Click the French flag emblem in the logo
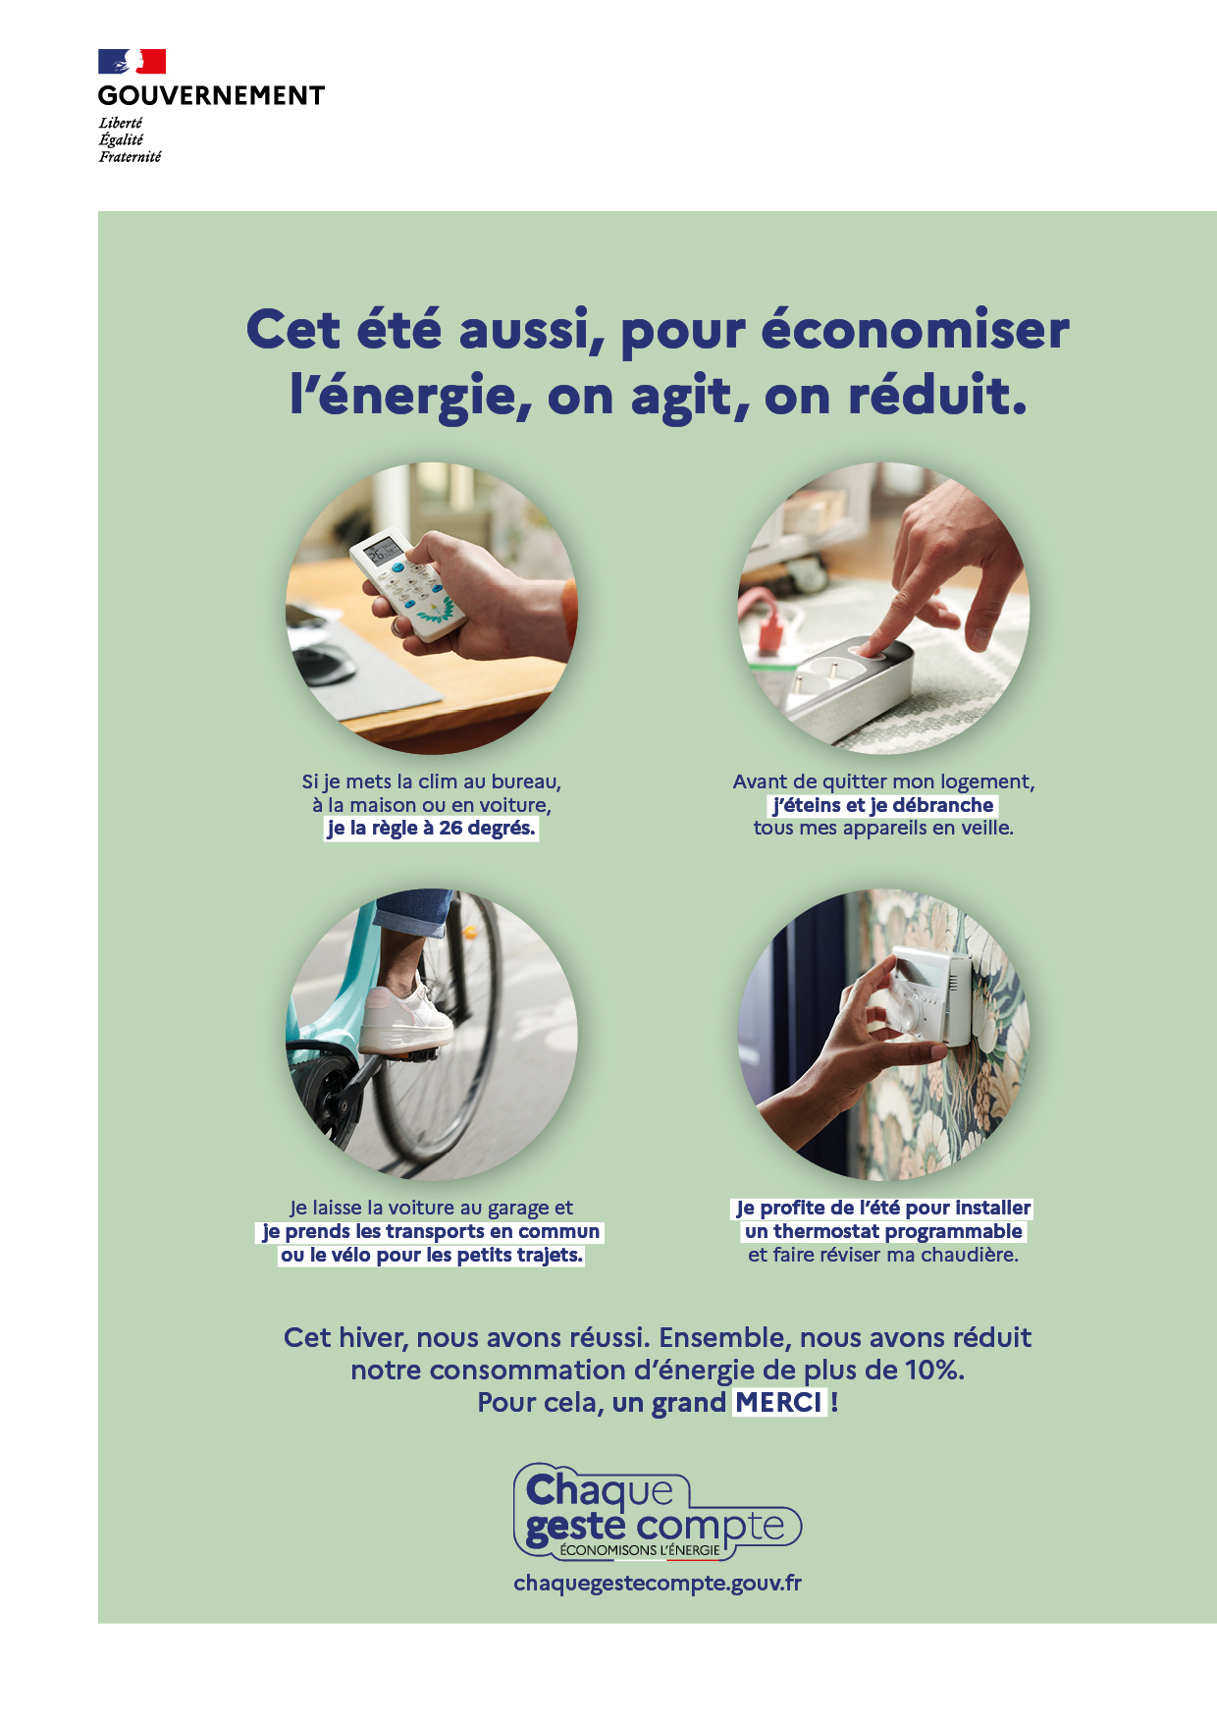(132, 62)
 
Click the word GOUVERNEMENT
(211, 96)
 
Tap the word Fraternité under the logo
(130, 157)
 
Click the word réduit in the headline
(937, 397)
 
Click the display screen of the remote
(382, 552)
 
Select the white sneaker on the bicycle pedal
(404, 1015)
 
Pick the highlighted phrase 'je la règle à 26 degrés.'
(432, 829)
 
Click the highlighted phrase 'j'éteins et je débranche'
(883, 805)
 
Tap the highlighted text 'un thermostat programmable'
(883, 1231)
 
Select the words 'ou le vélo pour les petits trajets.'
(432, 1255)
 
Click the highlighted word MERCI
(779, 1403)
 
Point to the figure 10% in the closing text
(932, 1371)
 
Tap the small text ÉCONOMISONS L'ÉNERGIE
(640, 1550)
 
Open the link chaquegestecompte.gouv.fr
(658, 1584)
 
